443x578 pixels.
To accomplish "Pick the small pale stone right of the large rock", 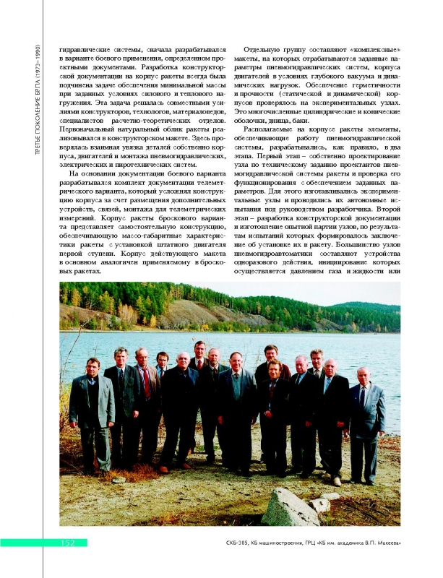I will tap(319, 504).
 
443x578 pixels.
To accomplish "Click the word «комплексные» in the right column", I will tap(377, 49).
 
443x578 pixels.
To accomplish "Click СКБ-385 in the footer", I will tap(237, 543).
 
